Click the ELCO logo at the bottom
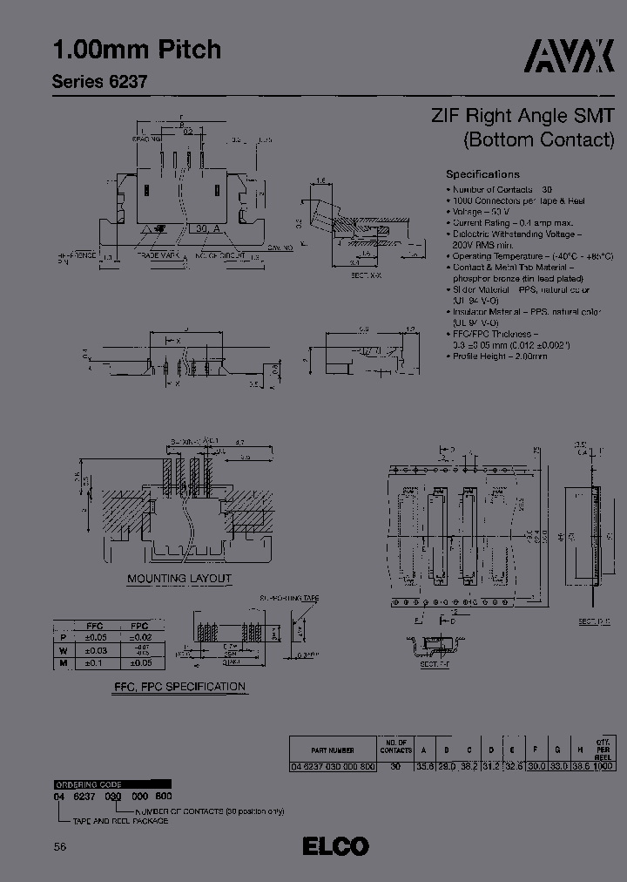(x=336, y=845)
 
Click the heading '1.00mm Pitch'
(x=137, y=50)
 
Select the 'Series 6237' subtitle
(x=99, y=82)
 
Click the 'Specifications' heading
(x=482, y=173)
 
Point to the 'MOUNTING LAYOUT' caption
(x=179, y=578)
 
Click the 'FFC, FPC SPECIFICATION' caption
(x=179, y=687)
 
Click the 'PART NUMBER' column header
(x=333, y=748)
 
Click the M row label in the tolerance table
(x=61, y=663)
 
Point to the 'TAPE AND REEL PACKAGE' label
(x=112, y=821)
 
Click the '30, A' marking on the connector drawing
(x=207, y=228)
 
